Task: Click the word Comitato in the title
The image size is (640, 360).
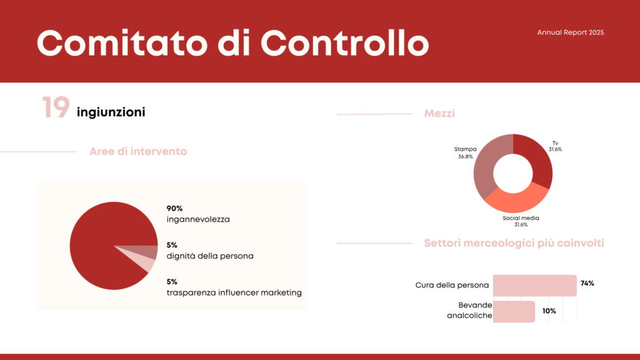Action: pos(122,43)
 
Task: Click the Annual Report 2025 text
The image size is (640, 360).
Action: pos(570,32)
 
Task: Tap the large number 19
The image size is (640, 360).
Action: pos(56,107)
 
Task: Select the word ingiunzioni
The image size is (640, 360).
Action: pos(111,112)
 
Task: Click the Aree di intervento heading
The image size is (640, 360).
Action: pos(138,151)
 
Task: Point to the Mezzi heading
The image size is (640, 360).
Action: pos(439,114)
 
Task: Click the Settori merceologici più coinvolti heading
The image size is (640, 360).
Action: pos(514,243)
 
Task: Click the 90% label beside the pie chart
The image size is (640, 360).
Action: pos(174,209)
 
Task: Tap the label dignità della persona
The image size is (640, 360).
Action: pos(210,256)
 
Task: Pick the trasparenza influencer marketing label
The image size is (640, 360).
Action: pos(234,292)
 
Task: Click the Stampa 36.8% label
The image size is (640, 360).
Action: pos(465,152)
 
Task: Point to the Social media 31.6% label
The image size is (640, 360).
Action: pos(521,221)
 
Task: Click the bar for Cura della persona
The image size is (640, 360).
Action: pos(535,285)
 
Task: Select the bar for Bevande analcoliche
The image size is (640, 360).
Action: pos(514,311)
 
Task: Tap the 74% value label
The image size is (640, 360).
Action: pos(587,283)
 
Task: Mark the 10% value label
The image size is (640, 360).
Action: pos(549,311)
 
